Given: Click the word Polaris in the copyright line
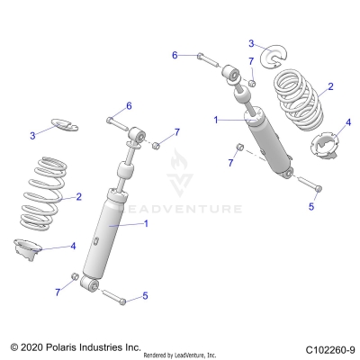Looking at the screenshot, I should (70, 346).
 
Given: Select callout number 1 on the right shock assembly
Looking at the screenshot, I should (215, 119).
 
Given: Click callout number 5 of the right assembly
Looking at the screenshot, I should (311, 205).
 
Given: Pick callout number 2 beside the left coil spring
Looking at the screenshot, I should (80, 196).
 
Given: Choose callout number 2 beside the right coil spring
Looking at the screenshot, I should (330, 86).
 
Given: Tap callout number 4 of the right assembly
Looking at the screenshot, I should (348, 121).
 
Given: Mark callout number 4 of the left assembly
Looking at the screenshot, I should (73, 245).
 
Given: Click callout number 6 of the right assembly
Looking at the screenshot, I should (175, 55).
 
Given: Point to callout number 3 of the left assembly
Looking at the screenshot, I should (32, 135).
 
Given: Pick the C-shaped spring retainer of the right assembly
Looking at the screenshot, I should (272, 57).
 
